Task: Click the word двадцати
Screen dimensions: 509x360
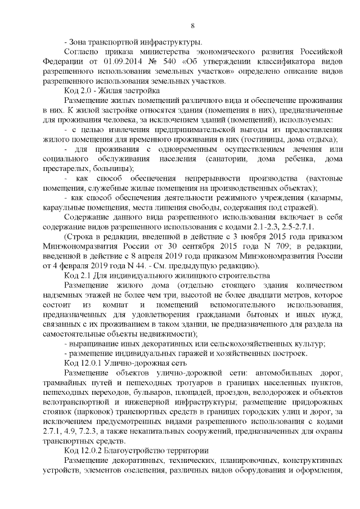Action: coord(249,294)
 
